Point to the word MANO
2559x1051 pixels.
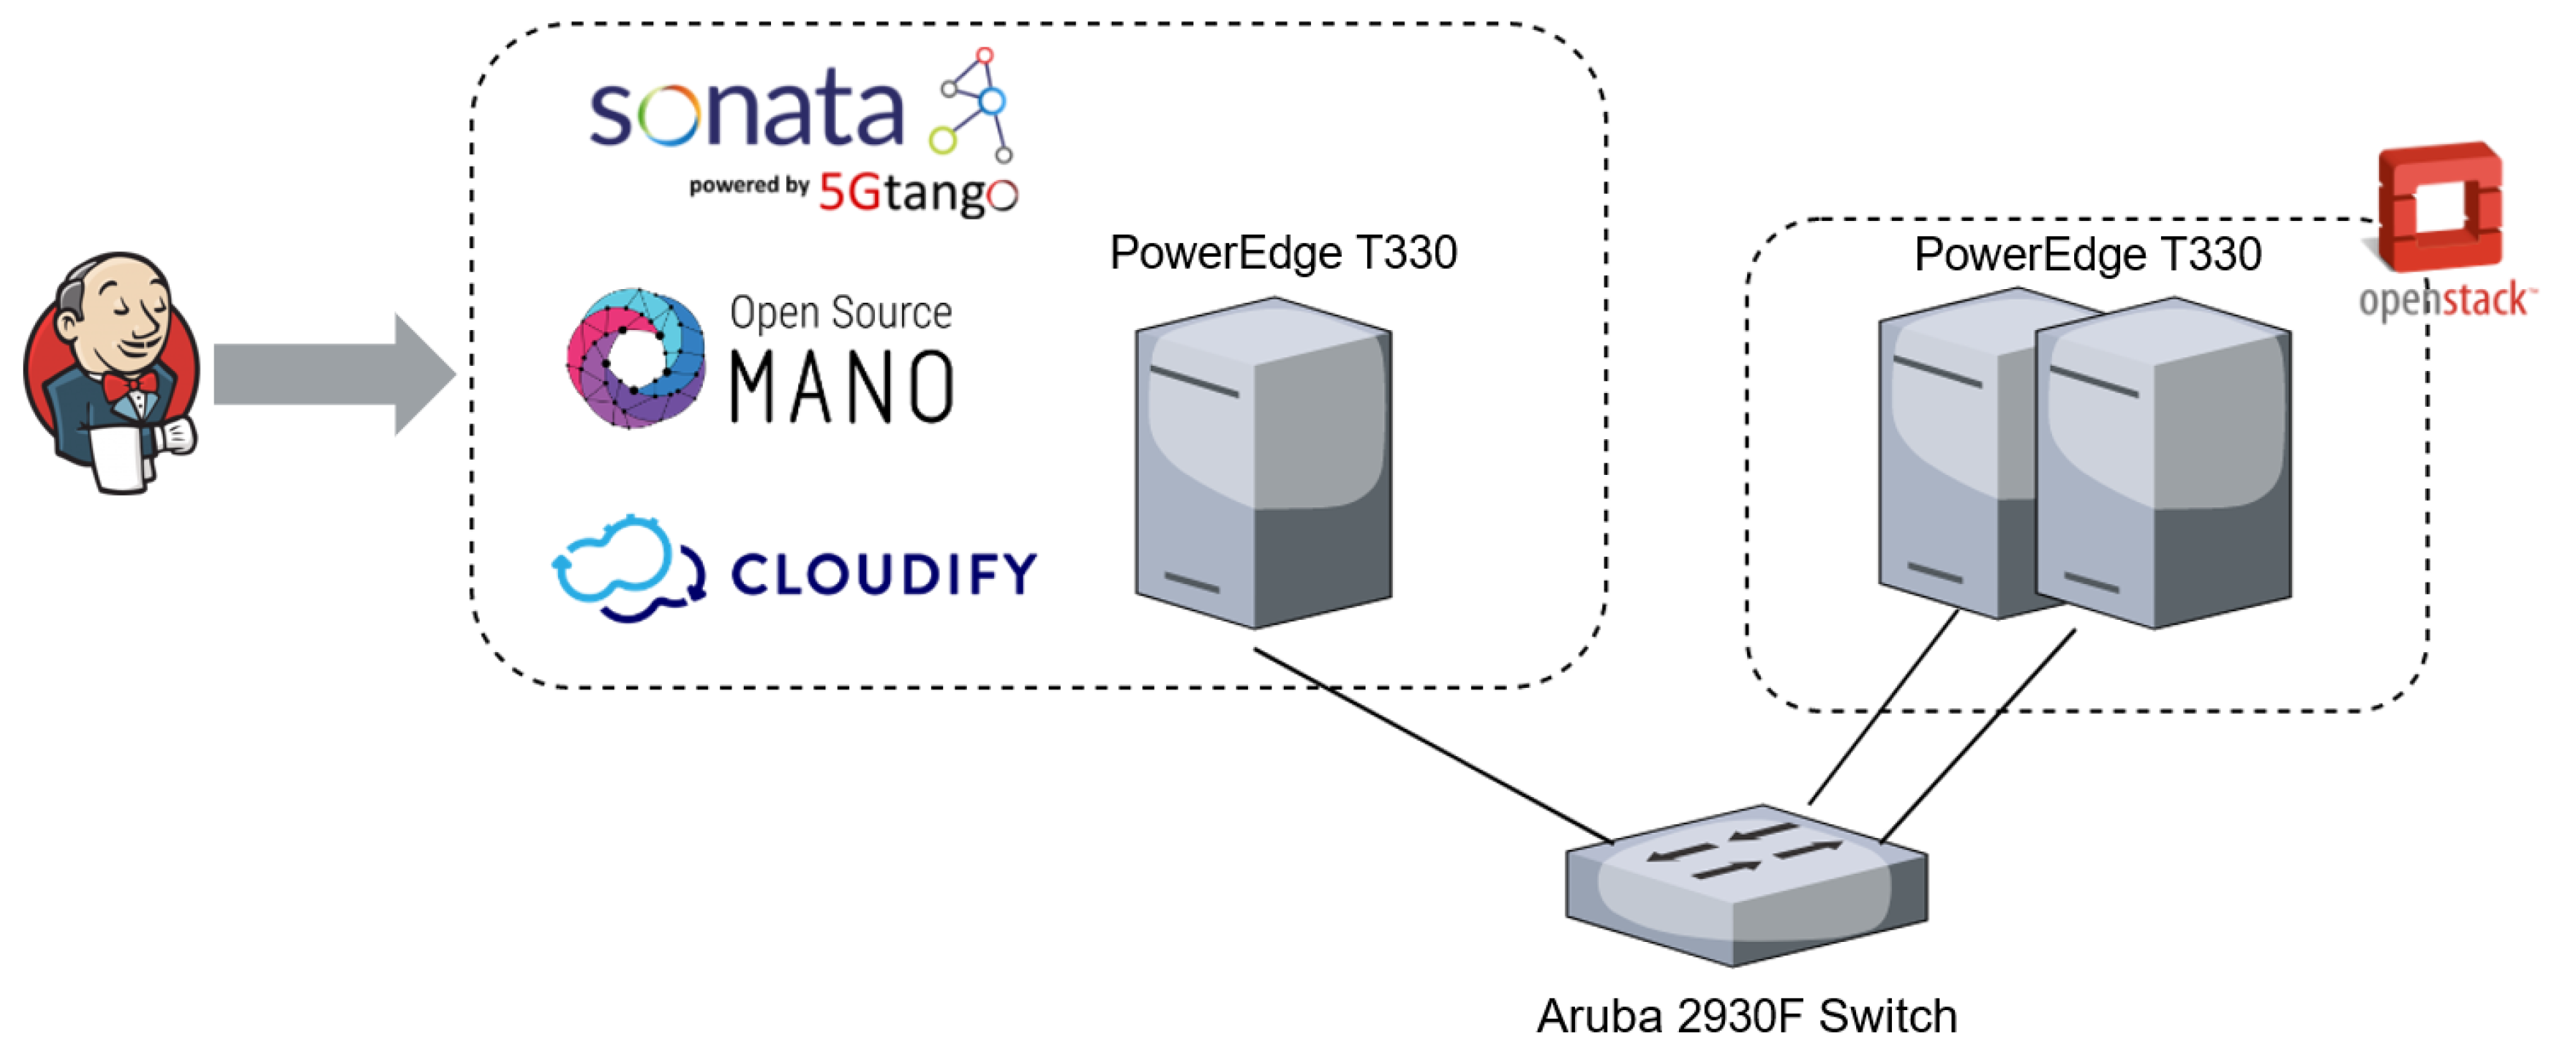(841, 387)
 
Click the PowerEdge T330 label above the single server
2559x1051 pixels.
(1282, 253)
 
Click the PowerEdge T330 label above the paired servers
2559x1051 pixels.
(2087, 254)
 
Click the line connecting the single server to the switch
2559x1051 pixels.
(1431, 746)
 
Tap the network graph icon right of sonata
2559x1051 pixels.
(973, 104)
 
